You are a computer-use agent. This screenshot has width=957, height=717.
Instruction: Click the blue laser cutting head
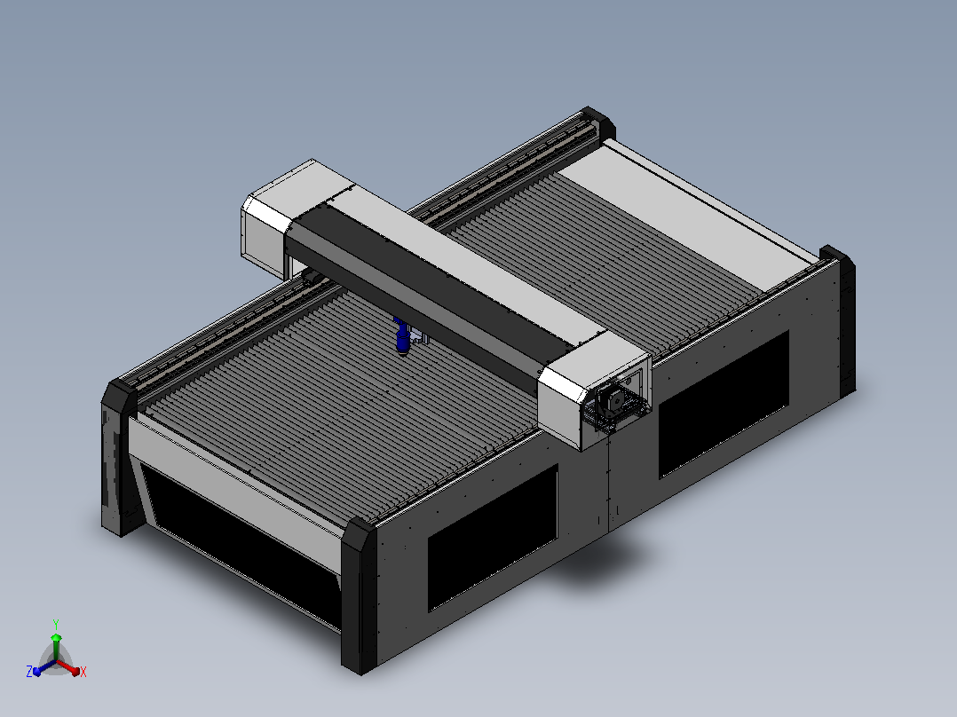[403, 337]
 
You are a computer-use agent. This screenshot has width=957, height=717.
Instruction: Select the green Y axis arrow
[56, 646]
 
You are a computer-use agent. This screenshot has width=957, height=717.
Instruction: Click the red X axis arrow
[68, 666]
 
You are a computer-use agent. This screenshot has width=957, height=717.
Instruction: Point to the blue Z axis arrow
[44, 667]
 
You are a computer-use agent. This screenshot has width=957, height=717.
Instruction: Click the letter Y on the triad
[56, 624]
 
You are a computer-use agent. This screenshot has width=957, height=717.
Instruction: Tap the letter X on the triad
[83, 672]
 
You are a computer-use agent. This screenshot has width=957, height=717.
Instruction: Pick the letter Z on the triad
[29, 672]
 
